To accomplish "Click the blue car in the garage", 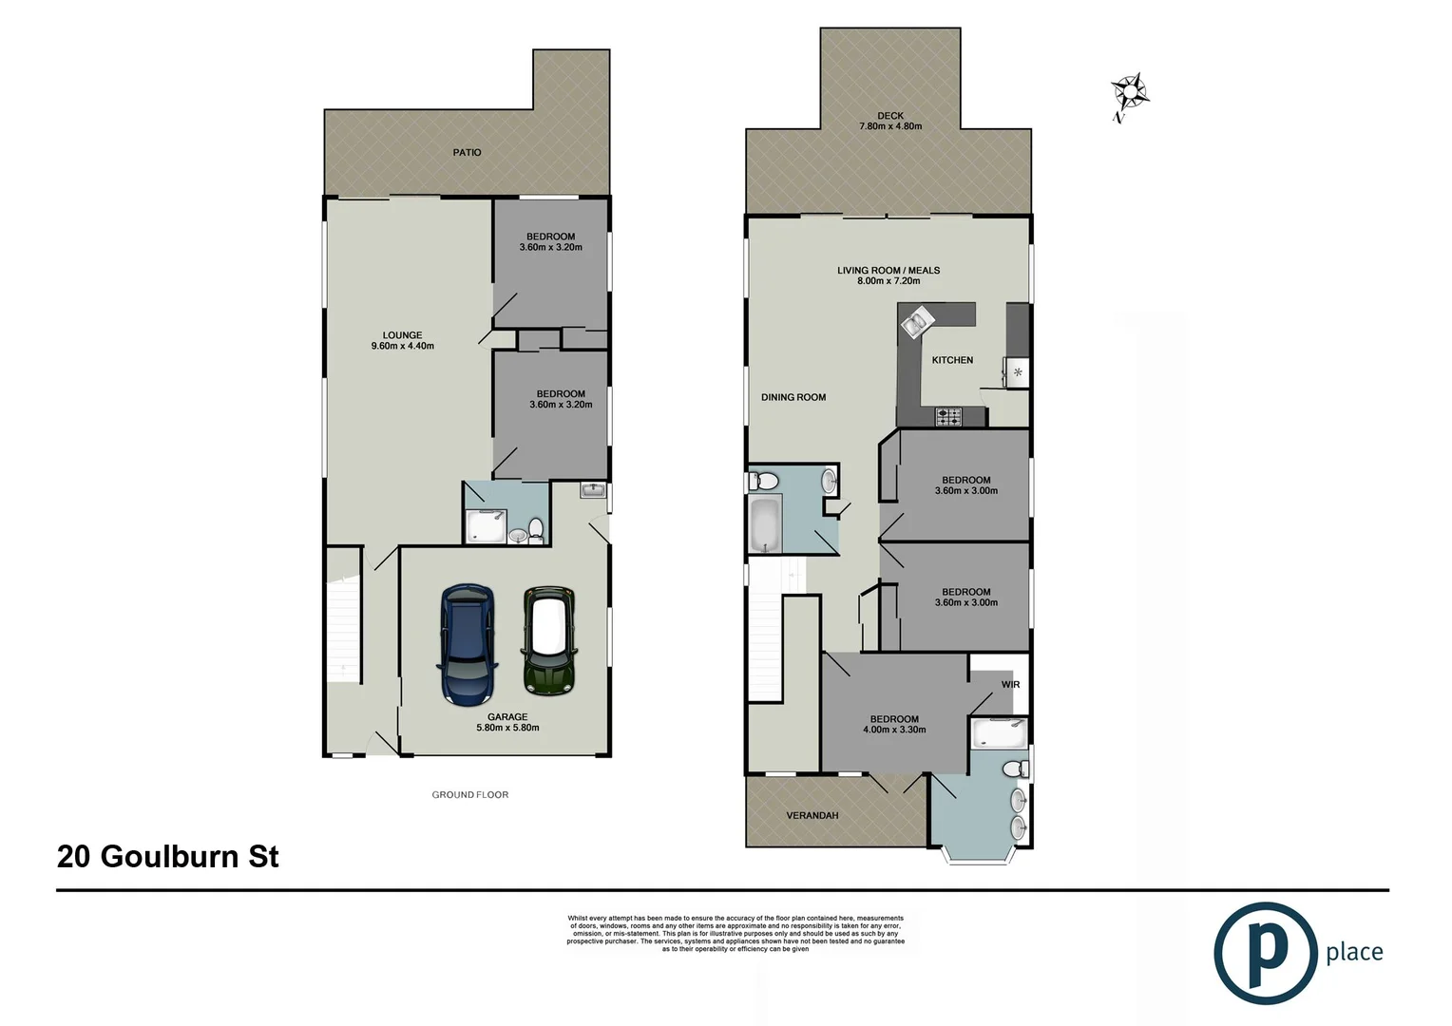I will point(467,644).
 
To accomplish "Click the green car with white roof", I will point(548,640).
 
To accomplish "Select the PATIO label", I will point(467,152).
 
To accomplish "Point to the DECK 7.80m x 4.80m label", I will point(890,121).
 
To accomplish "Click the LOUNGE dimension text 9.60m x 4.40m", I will point(402,346).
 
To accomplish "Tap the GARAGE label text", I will point(507,717).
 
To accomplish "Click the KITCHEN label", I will point(952,360).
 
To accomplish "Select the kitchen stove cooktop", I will point(948,415).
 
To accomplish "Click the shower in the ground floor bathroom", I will point(486,526).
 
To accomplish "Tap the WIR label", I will point(1010,684).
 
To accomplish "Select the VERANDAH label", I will point(812,815).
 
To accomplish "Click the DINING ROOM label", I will point(793,397).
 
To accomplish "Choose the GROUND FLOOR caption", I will point(469,795).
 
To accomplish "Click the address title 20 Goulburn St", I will point(168,857).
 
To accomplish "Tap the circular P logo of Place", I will point(1265,953).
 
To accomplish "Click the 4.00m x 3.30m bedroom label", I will point(894,725).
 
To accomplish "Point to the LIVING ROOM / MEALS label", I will point(888,275).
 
